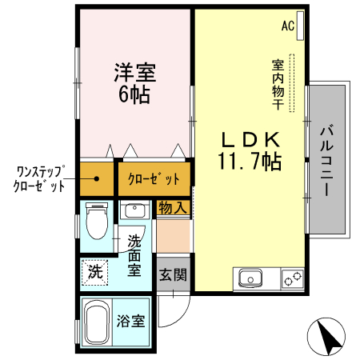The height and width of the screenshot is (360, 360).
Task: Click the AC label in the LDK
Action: point(287,26)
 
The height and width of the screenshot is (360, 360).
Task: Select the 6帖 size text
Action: point(134,94)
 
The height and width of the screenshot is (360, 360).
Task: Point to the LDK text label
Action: point(249,138)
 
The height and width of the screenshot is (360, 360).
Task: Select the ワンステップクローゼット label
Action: point(38,178)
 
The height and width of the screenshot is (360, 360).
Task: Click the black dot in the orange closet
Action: point(97,178)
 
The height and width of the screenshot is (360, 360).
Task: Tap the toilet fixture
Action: point(96,219)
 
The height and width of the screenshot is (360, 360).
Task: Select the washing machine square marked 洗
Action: point(95,272)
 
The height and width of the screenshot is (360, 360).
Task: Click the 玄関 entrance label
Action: point(172,276)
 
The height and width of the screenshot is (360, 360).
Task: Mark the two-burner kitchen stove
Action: point(292,279)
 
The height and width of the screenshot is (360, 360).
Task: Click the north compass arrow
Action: point(329,338)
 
